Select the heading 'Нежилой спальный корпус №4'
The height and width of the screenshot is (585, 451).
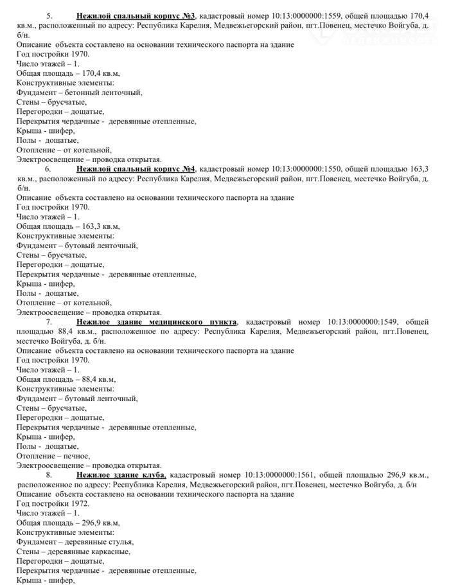point(136,168)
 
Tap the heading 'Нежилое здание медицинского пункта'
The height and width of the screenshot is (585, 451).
point(157,321)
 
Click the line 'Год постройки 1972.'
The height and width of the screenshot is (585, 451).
point(53,503)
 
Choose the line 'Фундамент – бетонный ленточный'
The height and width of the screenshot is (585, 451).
point(80,92)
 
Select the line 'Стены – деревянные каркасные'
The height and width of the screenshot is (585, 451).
point(74,551)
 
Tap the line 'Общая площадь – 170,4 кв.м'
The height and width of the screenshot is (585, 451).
point(68,73)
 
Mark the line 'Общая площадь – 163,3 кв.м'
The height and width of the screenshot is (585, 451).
point(68,226)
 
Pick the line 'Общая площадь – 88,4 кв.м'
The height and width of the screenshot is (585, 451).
point(66,379)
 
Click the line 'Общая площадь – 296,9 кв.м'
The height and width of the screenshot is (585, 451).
point(68,523)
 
